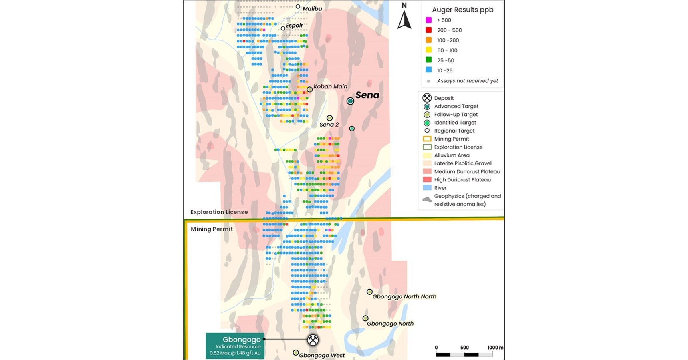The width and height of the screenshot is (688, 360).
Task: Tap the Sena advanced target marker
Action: [350, 101]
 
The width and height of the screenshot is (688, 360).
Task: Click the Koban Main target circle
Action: [309, 90]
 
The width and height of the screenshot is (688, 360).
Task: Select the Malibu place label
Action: [312, 9]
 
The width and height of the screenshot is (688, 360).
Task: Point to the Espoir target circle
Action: [283, 28]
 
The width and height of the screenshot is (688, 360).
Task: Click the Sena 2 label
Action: [329, 125]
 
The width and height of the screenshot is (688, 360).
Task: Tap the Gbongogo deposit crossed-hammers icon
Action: [313, 340]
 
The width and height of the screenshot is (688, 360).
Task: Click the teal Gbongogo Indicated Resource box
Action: [235, 346]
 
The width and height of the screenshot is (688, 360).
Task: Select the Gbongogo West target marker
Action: [296, 352]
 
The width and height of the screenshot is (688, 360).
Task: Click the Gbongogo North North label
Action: [404, 296]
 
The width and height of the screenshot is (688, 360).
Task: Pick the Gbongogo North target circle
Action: [365, 318]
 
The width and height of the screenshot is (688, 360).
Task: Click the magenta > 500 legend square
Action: [428, 20]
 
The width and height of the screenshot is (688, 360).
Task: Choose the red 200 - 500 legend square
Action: [428, 30]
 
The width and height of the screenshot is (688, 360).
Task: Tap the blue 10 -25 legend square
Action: [428, 70]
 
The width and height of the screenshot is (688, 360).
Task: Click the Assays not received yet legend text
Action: [467, 81]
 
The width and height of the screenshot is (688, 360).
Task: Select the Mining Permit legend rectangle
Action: [427, 139]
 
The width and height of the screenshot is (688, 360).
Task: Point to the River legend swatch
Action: [427, 188]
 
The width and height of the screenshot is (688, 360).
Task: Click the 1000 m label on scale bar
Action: [495, 348]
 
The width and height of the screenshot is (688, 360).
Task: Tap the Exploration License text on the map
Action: [219, 212]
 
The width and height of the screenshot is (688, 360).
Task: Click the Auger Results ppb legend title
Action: [462, 10]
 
